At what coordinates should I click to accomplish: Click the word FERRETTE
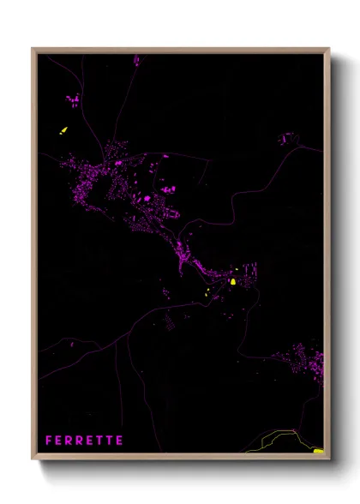(84, 440)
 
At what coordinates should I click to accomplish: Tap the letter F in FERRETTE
(49, 440)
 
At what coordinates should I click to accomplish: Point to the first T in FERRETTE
(99, 440)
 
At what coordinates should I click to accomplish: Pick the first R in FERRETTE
(69, 440)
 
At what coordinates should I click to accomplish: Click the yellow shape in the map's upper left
(63, 131)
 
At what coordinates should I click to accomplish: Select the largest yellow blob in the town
(233, 280)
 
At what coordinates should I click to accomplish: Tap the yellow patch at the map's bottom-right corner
(318, 449)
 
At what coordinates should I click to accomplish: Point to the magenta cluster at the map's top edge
(135, 60)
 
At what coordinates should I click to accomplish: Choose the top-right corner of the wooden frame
(329, 49)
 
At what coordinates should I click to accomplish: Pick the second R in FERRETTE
(79, 440)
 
